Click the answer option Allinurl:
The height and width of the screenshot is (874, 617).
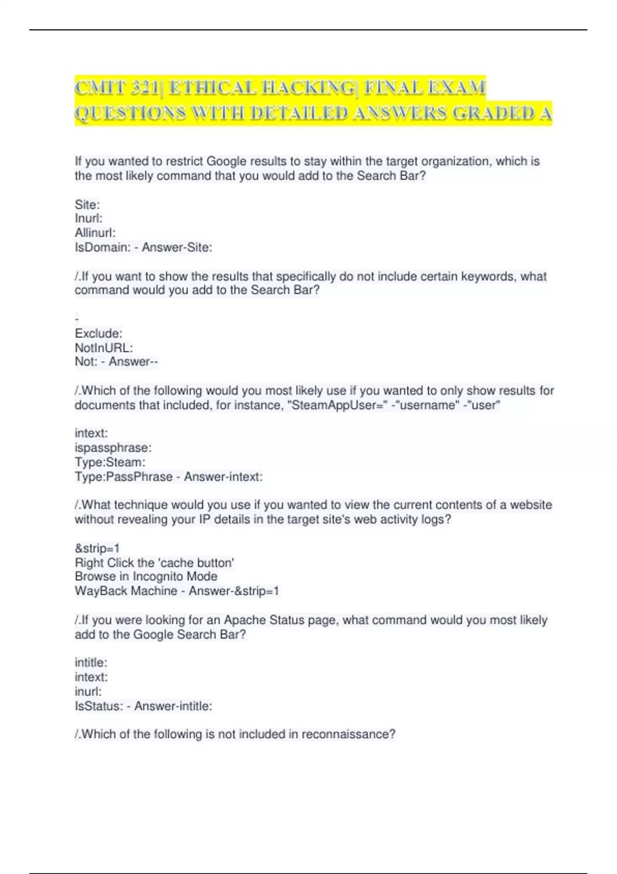[x=95, y=232]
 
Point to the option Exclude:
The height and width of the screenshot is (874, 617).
[x=98, y=333]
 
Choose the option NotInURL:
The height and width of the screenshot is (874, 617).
[x=104, y=348]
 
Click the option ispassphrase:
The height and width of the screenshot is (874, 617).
[x=113, y=447]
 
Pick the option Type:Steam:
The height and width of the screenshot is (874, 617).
[x=110, y=462]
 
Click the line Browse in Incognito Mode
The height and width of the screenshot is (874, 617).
[x=146, y=576]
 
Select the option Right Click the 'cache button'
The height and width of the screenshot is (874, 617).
[x=154, y=562]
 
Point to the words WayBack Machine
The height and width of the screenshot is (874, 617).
[x=126, y=591]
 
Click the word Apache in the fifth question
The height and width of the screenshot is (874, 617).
[x=244, y=620]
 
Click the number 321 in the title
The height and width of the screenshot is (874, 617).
[x=144, y=88]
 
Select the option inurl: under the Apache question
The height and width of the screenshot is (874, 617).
[x=88, y=691]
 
